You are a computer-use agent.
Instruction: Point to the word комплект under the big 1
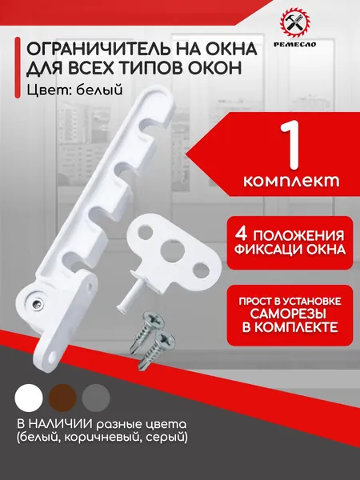tap(291, 181)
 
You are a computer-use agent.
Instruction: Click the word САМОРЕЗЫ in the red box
tap(290, 314)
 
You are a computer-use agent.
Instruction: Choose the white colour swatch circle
tap(29, 398)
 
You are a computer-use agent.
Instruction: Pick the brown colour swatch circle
tap(62, 398)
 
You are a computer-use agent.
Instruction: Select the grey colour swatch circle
tap(96, 398)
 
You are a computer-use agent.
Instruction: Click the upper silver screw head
tap(154, 321)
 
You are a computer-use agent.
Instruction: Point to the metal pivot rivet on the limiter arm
tap(37, 302)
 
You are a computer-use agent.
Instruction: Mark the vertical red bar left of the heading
tap(18, 68)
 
